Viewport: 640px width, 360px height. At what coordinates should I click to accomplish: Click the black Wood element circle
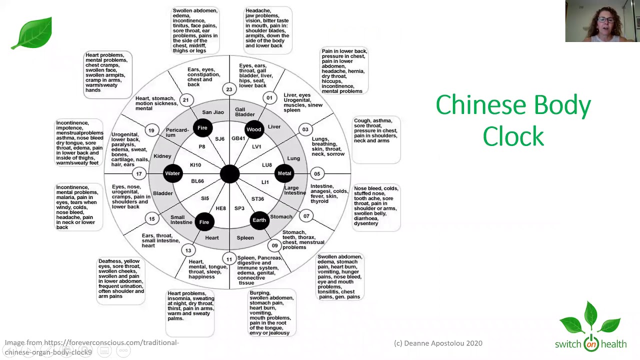pos(254,129)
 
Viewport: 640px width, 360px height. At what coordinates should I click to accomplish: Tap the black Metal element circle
pos(284,173)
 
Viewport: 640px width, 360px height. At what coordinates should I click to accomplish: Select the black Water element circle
pos(172,173)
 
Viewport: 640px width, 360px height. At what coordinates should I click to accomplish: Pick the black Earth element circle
pos(259,220)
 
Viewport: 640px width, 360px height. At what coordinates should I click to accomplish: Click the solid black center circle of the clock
pos(229,173)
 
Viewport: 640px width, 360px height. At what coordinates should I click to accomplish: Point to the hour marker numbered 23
pos(229,89)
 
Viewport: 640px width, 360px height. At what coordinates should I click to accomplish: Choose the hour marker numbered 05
pos(317,174)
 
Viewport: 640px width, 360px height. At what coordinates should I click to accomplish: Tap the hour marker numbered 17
pos(139,174)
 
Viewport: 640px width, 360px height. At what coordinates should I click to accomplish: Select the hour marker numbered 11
pos(229,259)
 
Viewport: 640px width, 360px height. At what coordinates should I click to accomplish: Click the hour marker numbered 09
pos(274,245)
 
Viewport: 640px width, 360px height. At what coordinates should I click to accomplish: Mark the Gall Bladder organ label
pos(245,112)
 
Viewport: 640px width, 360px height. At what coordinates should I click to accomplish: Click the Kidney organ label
pos(162,156)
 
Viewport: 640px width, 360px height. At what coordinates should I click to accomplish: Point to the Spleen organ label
pos(245,238)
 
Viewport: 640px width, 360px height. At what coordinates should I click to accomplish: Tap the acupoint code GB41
pos(238,138)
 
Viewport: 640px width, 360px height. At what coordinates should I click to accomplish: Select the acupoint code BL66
pos(197,181)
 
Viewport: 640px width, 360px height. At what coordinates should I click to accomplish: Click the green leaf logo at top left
pos(32,33)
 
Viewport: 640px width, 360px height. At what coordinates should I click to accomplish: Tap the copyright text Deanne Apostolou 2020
pos(438,343)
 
